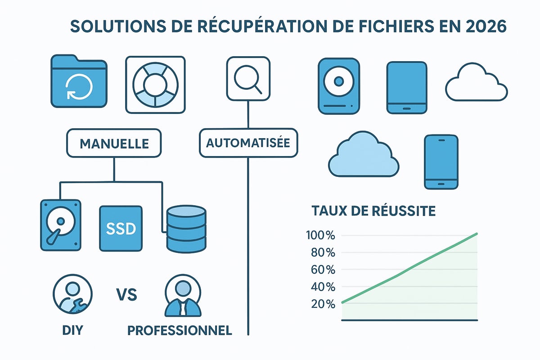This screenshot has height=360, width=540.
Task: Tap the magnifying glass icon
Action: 248,79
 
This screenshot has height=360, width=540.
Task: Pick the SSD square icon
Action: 121,228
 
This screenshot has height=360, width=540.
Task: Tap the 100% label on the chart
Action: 320,235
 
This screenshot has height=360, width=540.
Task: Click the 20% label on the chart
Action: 321,304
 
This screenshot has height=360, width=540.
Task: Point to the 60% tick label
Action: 321,270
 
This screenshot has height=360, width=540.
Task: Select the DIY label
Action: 73,331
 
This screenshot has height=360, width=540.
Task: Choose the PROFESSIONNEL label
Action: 180,331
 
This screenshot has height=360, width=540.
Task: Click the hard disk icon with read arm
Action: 62,225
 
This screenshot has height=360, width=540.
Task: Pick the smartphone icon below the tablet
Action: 441,162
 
